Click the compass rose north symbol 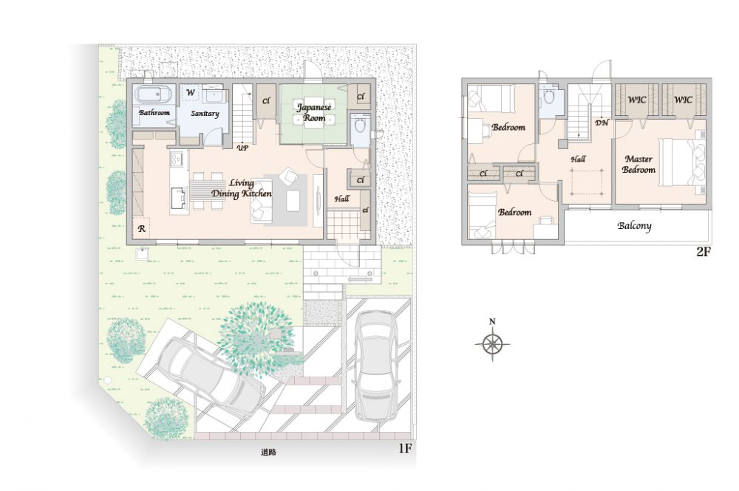tap(492, 343)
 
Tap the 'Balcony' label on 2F tap(634, 226)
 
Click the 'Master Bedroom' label tap(638, 165)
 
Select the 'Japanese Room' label tap(314, 112)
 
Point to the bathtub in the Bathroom tap(154, 95)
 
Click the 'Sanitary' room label tap(205, 114)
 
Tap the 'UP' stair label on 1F tap(242, 148)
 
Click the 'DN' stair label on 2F tap(602, 123)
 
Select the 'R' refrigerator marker tap(141, 230)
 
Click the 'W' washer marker tap(191, 92)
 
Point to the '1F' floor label tap(405, 448)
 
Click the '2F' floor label tap(704, 252)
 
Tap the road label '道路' tap(269, 452)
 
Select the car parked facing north tap(376, 365)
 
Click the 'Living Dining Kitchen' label tap(242, 188)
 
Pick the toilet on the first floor tap(361, 127)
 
